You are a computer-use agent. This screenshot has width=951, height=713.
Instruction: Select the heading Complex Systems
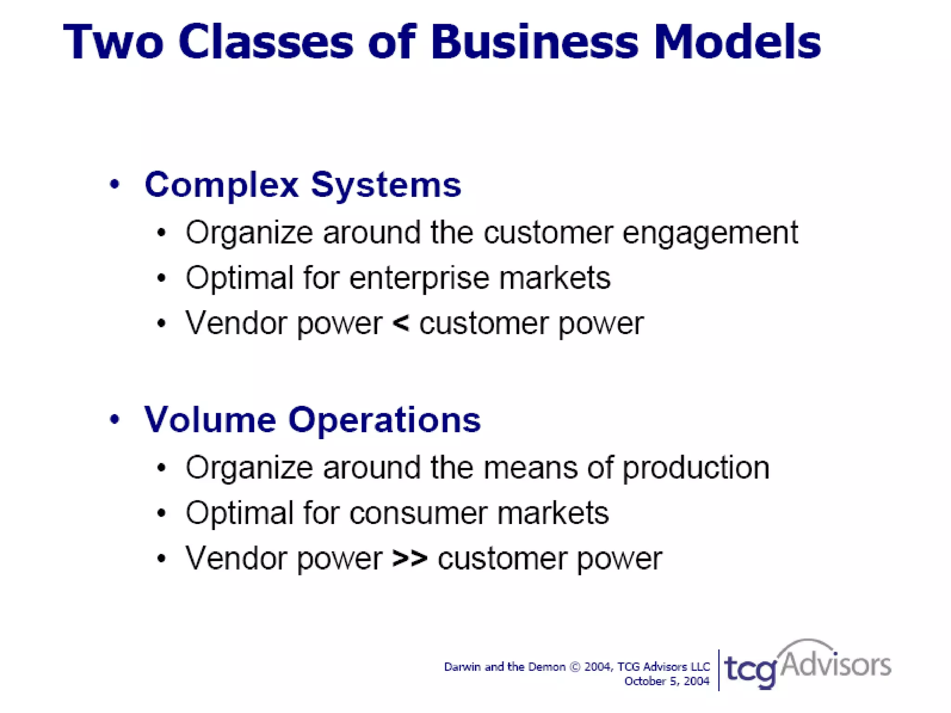303,185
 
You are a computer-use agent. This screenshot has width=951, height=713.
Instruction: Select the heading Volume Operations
313,420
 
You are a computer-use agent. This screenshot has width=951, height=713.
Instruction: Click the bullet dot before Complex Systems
115,185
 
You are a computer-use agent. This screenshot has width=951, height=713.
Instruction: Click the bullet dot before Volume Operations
115,420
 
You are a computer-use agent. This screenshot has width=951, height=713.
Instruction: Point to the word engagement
710,233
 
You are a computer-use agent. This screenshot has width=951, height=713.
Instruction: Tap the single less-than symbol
401,324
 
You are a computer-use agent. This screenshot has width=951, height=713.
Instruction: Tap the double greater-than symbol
410,558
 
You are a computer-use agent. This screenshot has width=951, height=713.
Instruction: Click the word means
530,468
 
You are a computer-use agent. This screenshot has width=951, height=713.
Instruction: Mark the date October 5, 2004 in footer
667,681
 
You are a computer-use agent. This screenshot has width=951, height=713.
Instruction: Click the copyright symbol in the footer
575,667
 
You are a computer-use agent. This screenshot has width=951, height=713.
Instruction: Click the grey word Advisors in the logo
836,665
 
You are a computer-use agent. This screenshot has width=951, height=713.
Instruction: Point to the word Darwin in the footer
462,667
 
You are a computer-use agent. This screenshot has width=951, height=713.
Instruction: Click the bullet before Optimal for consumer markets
161,513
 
